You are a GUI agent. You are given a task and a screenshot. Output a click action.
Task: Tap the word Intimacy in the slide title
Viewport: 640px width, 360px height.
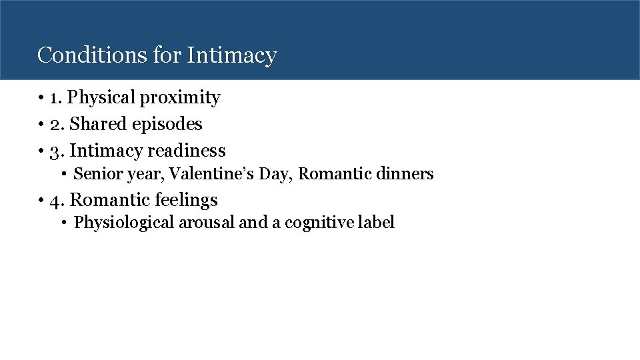(231, 55)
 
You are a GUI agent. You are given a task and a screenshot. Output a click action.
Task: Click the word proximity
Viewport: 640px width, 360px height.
(180, 98)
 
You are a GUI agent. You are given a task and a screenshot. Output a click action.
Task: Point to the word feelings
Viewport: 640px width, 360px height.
(186, 200)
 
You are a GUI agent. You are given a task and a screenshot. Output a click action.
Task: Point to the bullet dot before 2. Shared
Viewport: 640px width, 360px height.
(41, 125)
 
